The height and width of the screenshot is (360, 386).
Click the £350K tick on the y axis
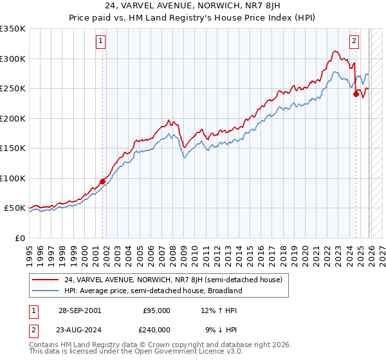13,29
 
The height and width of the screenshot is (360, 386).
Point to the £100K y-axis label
13,178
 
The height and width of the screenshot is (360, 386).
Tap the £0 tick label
19,238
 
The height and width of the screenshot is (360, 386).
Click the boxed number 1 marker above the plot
102,42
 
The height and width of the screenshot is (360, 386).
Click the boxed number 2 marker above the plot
354,42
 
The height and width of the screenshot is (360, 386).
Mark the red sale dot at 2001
102,181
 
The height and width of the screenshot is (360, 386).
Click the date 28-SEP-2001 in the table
78,310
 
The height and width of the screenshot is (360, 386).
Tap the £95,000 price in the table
156,310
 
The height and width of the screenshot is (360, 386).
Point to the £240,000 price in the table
156,329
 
